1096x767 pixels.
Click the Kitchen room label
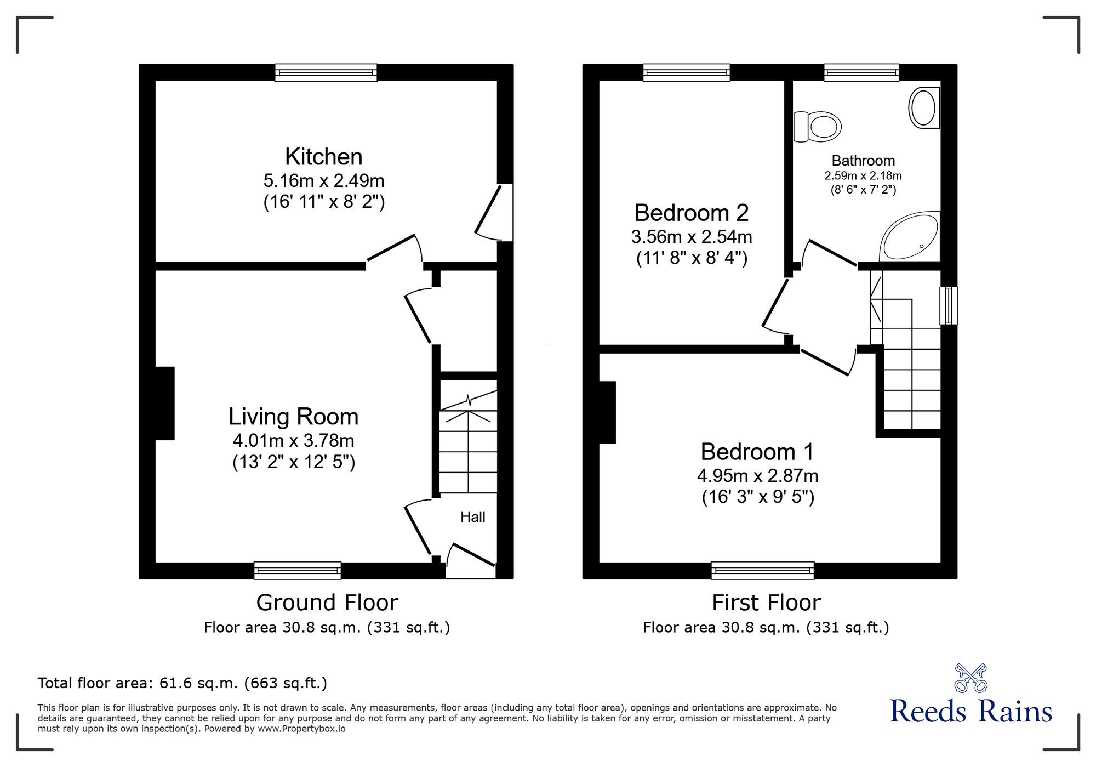[323, 157]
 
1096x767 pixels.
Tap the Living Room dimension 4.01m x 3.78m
[293, 440]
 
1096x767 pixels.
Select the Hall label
[472, 517]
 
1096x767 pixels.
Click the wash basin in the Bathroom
[924, 108]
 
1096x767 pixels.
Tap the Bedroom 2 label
[691, 213]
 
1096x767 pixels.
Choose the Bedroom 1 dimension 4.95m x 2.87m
[757, 475]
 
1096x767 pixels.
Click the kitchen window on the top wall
[326, 72]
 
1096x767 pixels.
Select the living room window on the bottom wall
[298, 570]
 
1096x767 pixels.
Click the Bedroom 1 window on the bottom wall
[762, 570]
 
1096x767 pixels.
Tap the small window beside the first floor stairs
[949, 305]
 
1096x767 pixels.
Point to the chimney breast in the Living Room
[164, 403]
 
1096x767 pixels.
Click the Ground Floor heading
[327, 603]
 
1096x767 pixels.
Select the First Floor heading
[766, 603]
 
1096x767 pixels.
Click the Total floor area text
[182, 683]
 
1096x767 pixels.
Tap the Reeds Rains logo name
[971, 712]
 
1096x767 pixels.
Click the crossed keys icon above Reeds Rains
[971, 678]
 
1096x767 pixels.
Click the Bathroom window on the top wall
[861, 72]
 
